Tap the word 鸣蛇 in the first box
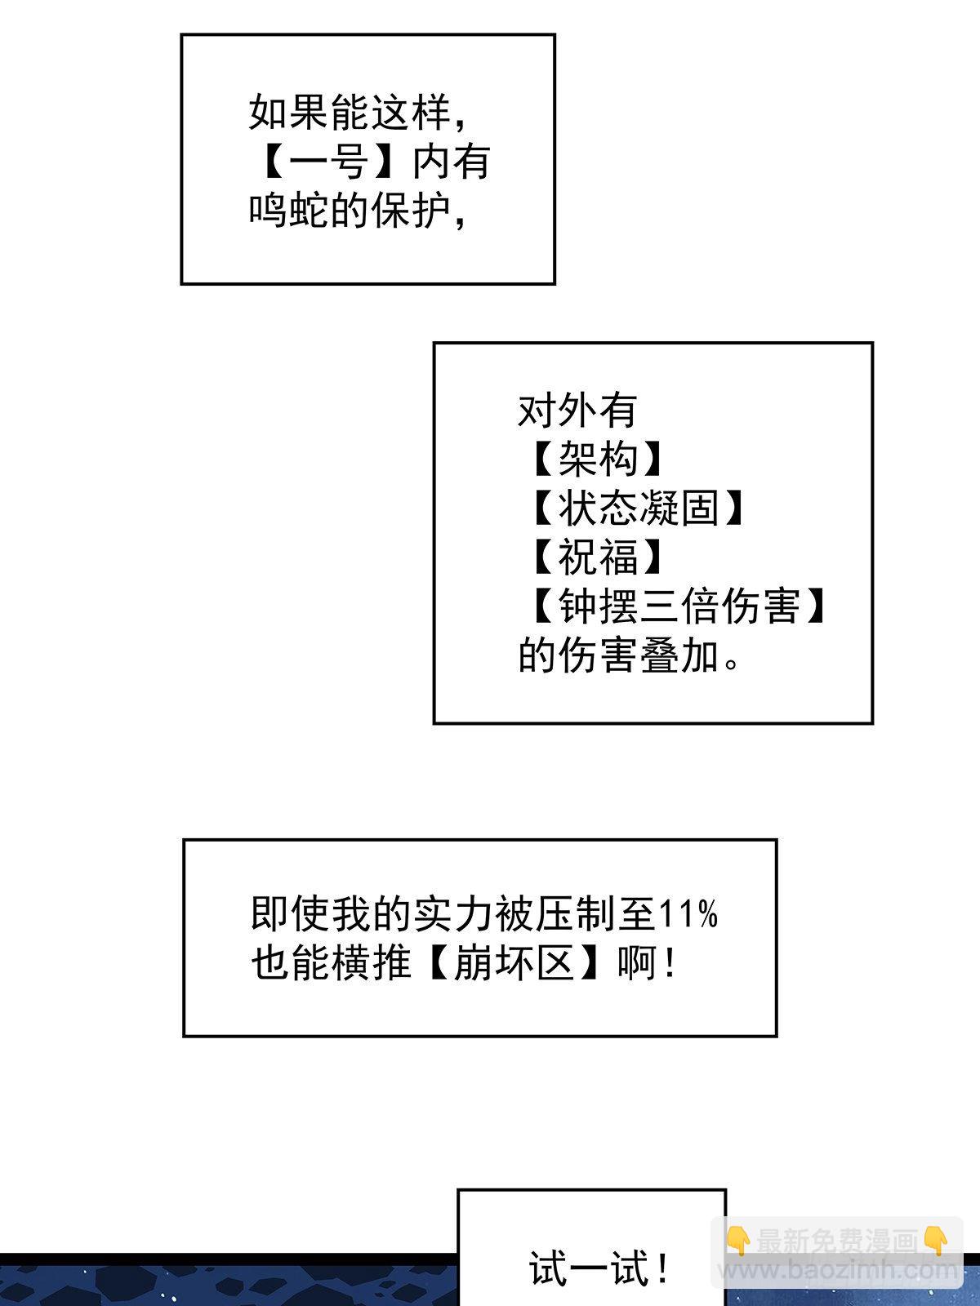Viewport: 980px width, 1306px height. (288, 211)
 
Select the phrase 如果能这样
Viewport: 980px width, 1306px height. (350, 113)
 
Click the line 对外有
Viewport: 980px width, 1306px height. (577, 410)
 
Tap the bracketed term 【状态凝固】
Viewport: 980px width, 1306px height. (638, 508)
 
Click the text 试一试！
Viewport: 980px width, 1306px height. (599, 1268)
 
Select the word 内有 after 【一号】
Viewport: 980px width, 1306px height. (451, 162)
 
